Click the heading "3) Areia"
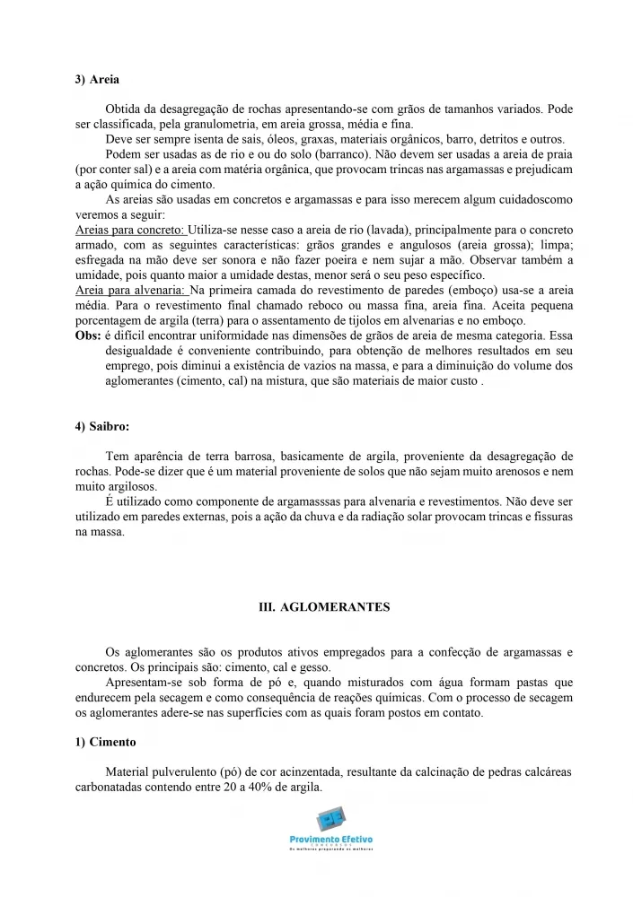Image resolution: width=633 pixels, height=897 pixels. (97, 80)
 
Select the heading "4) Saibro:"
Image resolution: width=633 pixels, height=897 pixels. (102, 426)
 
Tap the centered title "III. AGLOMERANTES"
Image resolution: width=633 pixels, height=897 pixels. (324, 607)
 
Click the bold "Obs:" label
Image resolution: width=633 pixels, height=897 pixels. (87, 335)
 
